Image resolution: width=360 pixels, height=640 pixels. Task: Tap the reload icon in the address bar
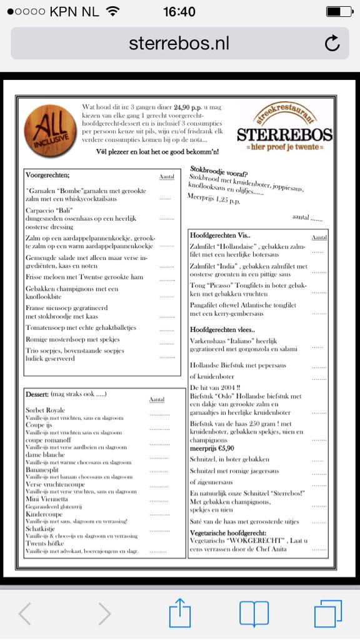tap(332, 43)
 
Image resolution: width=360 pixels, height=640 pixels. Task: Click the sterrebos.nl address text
tap(179, 43)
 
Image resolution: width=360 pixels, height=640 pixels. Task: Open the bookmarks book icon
tap(254, 614)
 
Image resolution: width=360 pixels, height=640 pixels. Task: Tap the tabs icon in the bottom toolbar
tap(327, 614)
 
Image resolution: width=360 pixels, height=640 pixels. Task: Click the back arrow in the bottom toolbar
tap(25, 614)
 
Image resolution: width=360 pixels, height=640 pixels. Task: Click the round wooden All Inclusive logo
tap(50, 131)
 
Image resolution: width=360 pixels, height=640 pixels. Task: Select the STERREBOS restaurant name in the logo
tap(284, 134)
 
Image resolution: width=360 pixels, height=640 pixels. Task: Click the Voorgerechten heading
tap(47, 175)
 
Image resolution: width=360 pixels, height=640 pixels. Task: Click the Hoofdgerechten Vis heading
tap(220, 236)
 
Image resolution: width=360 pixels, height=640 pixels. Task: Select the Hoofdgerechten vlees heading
tap(222, 329)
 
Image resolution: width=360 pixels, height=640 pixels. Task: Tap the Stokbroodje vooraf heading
tap(219, 170)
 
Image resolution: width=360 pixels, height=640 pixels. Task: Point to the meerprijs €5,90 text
tap(212, 448)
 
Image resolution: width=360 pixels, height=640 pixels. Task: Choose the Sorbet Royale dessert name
tap(45, 410)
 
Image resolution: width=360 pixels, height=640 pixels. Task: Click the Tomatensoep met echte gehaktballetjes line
tap(81, 327)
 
